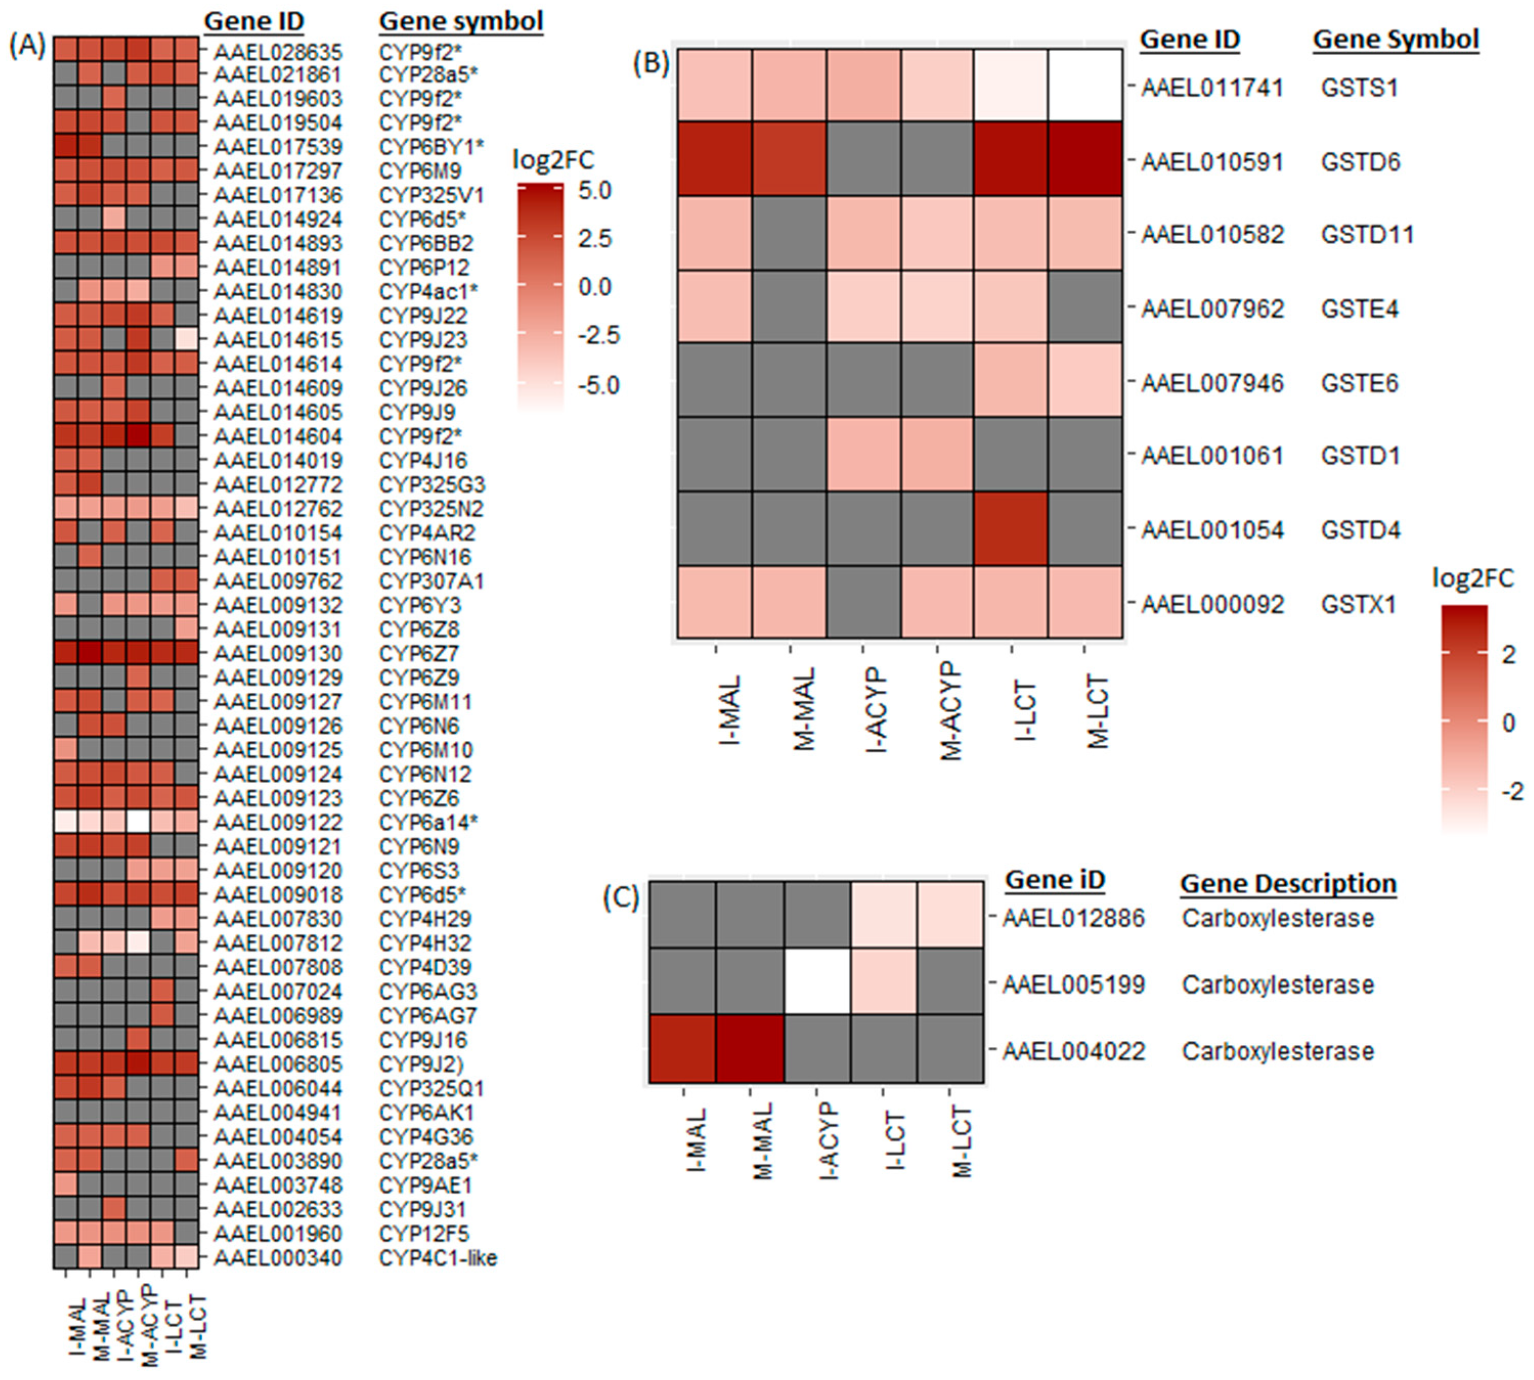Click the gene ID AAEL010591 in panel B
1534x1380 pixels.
click(x=1212, y=162)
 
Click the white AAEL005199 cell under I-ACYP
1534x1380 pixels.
click(x=817, y=983)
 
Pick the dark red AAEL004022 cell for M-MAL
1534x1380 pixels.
click(x=749, y=1050)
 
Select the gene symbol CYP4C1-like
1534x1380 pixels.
click(x=437, y=1258)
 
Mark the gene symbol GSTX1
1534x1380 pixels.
click(x=1357, y=604)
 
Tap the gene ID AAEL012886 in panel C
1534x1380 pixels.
click(x=1073, y=918)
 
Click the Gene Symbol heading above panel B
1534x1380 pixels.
click(x=1395, y=39)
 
